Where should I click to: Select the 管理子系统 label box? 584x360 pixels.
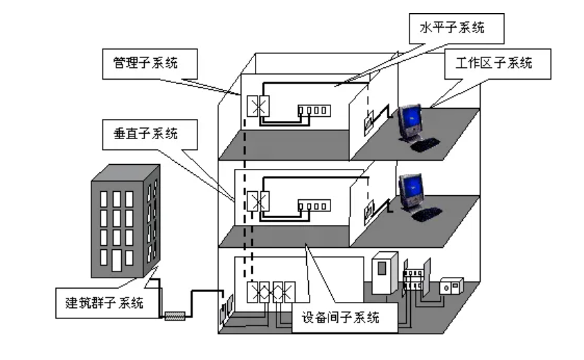146,63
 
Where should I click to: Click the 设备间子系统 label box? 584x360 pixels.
340,318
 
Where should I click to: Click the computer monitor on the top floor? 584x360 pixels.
411,120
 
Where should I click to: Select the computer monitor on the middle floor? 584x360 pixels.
411,189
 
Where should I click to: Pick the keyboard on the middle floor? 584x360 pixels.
427,213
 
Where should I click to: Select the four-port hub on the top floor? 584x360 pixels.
311,110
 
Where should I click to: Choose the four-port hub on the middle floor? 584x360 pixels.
311,206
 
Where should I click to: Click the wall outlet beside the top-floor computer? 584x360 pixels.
369,119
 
